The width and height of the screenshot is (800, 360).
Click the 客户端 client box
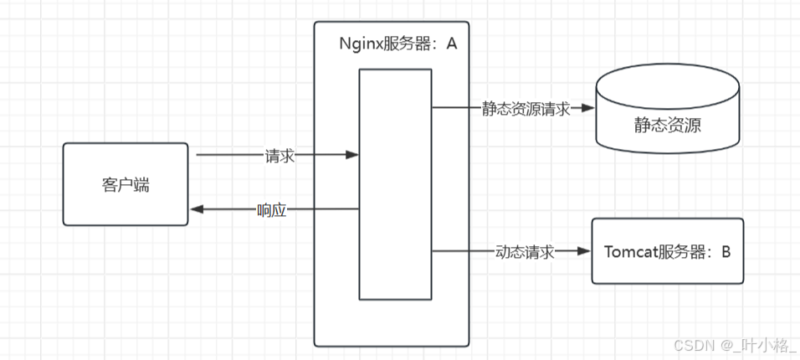pyautogui.click(x=126, y=184)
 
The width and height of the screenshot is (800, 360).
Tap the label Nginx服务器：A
pyautogui.click(x=397, y=44)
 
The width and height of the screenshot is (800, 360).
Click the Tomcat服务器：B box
pyautogui.click(x=667, y=251)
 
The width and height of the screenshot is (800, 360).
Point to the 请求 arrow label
pyautogui.click(x=279, y=156)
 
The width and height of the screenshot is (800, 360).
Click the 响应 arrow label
pyautogui.click(x=272, y=210)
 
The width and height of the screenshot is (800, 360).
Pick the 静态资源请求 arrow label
pyautogui.click(x=526, y=109)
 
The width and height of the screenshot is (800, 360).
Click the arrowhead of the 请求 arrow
pyautogui.click(x=353, y=156)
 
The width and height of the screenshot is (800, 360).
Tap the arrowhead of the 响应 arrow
pyautogui.click(x=197, y=210)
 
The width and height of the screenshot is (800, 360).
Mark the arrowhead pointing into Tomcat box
pyautogui.click(x=585, y=251)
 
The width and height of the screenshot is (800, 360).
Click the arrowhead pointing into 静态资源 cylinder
pyautogui.click(x=588, y=109)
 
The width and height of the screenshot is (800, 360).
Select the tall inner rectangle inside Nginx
pyautogui.click(x=395, y=184)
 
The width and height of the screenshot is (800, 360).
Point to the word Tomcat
pyautogui.click(x=628, y=251)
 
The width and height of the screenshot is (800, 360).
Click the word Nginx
pyautogui.click(x=357, y=44)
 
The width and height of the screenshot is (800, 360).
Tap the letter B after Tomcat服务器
pyautogui.click(x=726, y=251)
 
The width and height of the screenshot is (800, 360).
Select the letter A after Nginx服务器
pyautogui.click(x=451, y=44)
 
